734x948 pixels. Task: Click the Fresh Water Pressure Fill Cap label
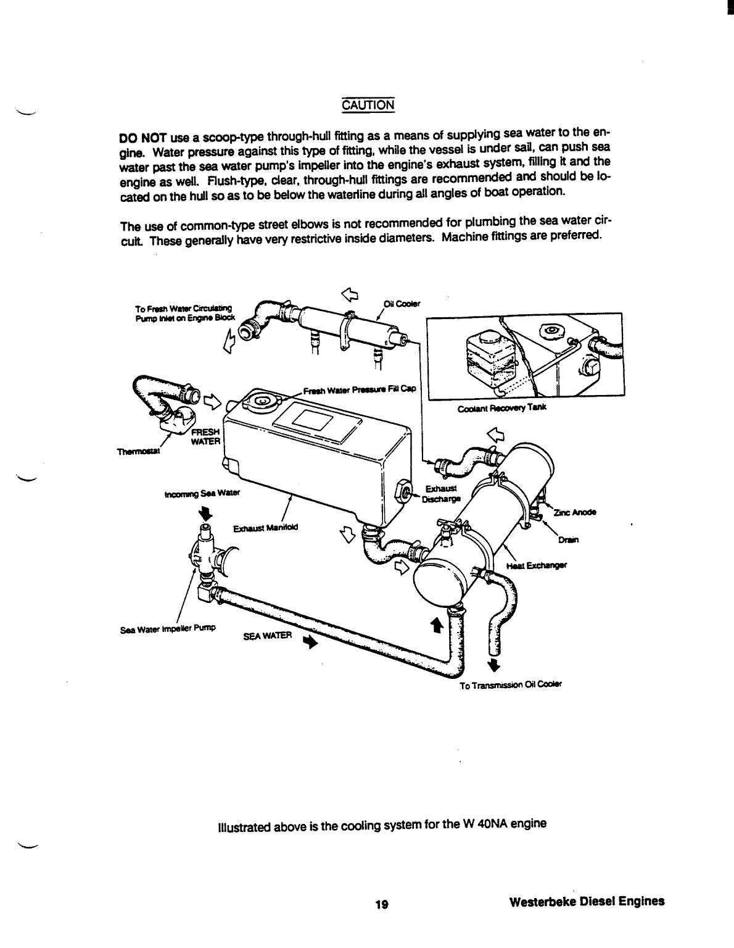[x=360, y=390]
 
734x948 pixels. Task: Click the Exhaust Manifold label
[x=265, y=528]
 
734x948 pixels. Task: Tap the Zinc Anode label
[x=575, y=513]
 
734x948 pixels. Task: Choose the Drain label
[x=568, y=541]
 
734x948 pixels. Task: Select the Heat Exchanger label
[x=536, y=565]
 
